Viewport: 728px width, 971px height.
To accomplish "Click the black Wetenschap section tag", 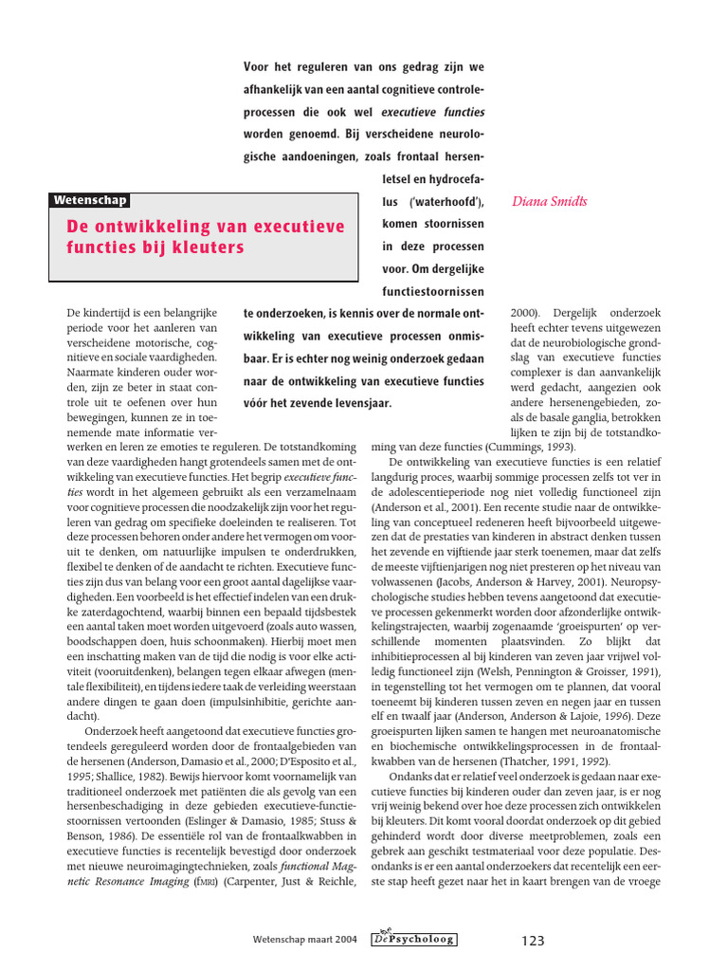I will (90, 200).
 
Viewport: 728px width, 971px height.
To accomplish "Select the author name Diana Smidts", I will (550, 201).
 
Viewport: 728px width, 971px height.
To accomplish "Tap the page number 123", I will (534, 941).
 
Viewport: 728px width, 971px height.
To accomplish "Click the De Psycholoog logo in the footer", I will (418, 939).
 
